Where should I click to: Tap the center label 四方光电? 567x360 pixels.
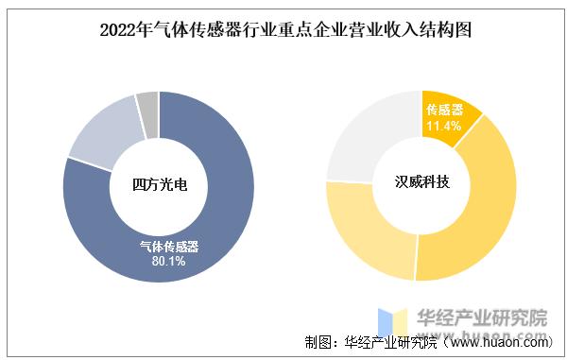pyautogui.click(x=158, y=185)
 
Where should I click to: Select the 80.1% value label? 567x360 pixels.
pyautogui.click(x=168, y=261)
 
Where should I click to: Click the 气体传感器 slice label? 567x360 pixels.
pyautogui.click(x=168, y=247)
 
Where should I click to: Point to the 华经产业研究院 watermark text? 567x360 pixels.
pyautogui.click(x=483, y=318)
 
